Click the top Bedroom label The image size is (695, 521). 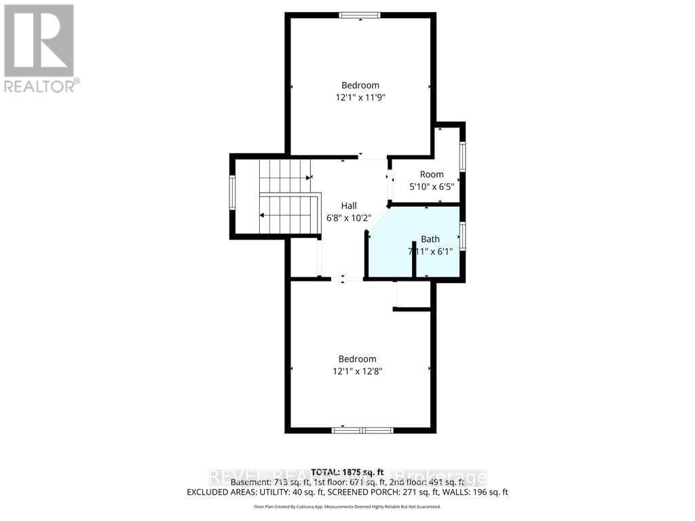[x=360, y=85]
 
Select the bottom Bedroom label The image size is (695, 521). [x=357, y=359]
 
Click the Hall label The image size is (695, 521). [x=349, y=206]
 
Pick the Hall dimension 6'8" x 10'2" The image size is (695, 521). [x=349, y=218]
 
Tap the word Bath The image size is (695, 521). [x=430, y=239]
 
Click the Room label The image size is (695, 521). [x=432, y=174]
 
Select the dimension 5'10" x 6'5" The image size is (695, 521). [x=432, y=186]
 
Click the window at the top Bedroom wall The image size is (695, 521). [x=360, y=15]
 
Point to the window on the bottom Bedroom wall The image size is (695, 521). [x=362, y=429]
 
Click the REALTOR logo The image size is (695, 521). [x=39, y=47]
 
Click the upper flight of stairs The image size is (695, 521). [x=284, y=176]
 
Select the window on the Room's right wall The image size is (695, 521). [x=463, y=157]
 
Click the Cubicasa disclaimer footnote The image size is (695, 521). [x=347, y=507]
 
